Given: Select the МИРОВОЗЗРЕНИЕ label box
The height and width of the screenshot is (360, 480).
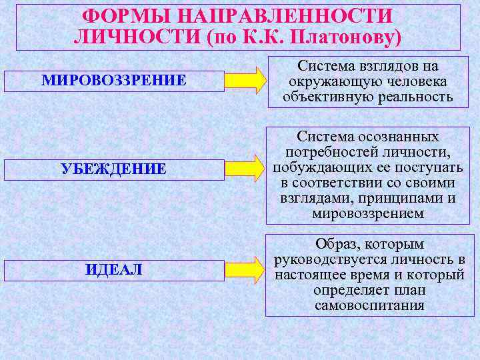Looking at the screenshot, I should point(113,81).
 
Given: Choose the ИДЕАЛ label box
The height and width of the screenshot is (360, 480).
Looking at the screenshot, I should point(113,270).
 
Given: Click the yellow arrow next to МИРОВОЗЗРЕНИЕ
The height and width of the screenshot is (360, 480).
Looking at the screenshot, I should point(243,80).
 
